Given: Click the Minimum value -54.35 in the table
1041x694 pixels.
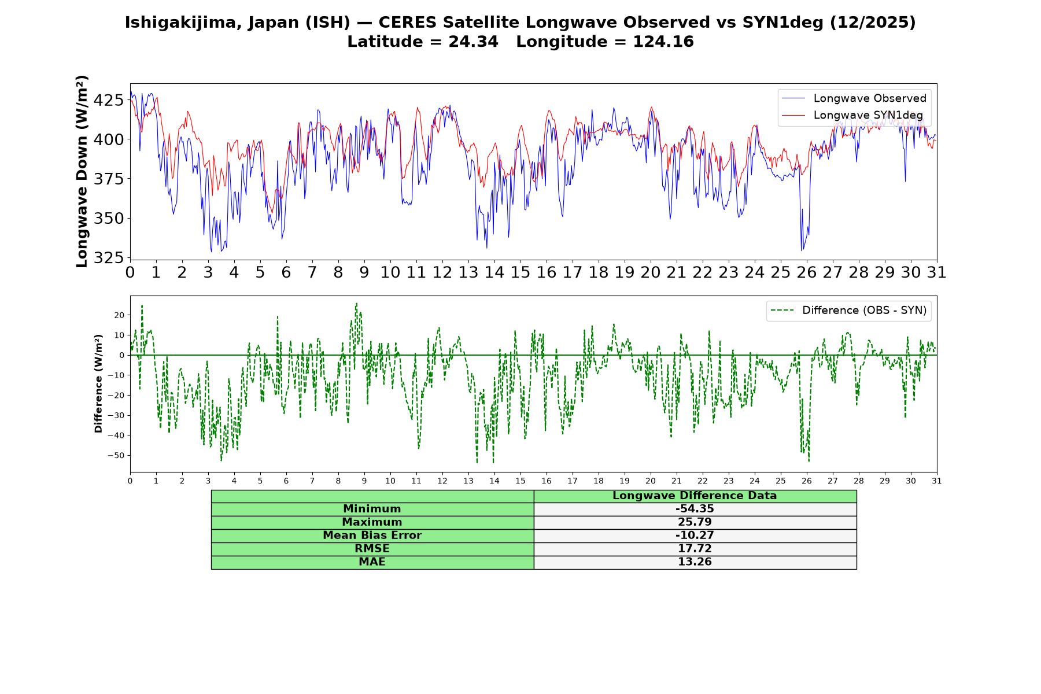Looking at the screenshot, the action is click(x=695, y=509).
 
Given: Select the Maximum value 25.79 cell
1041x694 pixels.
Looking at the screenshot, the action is click(x=695, y=522).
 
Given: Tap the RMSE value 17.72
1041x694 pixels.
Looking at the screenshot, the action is click(x=695, y=549).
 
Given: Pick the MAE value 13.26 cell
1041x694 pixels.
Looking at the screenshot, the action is click(x=695, y=562).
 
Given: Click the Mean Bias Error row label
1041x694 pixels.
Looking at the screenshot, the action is click(x=372, y=536).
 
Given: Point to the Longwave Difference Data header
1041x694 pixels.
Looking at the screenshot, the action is click(x=695, y=496).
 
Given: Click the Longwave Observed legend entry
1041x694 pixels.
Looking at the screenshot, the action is click(x=854, y=98).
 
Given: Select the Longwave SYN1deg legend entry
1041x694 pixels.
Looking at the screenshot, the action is click(x=852, y=115).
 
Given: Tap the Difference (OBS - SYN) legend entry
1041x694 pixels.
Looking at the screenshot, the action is click(x=848, y=311).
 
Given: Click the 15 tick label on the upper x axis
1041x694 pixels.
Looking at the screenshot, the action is click(x=520, y=272).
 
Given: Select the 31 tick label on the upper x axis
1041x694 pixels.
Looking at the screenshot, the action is click(x=937, y=272).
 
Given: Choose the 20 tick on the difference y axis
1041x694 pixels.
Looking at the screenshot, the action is click(x=119, y=315).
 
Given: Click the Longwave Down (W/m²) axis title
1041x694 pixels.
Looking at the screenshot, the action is click(x=82, y=171).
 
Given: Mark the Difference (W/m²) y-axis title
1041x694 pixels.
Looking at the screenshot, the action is click(x=98, y=383).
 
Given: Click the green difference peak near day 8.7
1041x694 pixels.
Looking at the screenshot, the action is click(x=356, y=303).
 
